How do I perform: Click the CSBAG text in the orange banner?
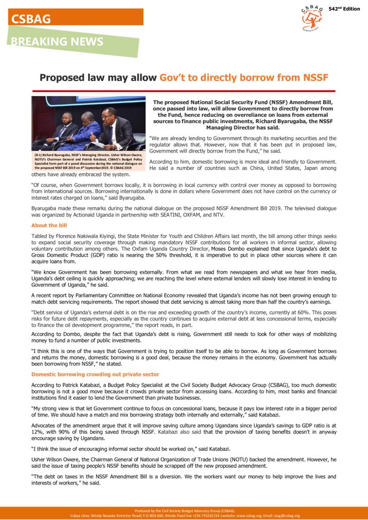(32, 19)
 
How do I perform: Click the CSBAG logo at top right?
(312, 18)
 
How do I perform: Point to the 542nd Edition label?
(344, 9)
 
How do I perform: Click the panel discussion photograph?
(88, 123)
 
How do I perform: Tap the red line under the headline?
(183, 91)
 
